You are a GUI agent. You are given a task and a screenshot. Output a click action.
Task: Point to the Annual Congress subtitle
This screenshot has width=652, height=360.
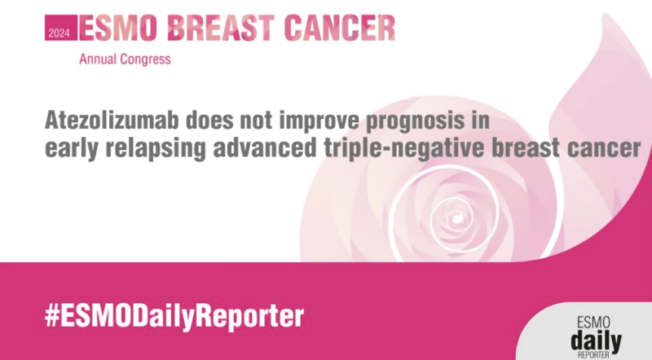[125, 59]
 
